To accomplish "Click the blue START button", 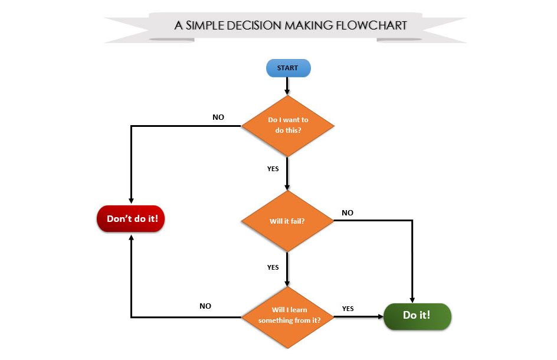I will tap(288, 68).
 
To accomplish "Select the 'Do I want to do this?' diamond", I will tap(288, 125).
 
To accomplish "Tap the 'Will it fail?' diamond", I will tap(288, 221).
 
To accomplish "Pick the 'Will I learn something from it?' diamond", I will tap(288, 315).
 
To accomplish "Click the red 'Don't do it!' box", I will tap(130, 218).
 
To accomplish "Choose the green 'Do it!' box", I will tap(417, 315).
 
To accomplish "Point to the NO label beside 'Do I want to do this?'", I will tap(218, 117).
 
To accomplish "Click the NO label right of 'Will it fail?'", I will tap(348, 212).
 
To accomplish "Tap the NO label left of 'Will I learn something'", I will tap(205, 306).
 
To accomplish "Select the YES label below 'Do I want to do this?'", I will tap(273, 169).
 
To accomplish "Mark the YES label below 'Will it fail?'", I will tap(273, 267).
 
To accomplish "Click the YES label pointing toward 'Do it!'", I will tap(348, 308).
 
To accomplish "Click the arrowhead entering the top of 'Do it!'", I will tap(412, 300).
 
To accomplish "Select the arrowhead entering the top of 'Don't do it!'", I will tap(130, 201).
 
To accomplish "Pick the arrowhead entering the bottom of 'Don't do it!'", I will tap(130, 235).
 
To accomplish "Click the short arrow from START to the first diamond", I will tap(287, 86).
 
